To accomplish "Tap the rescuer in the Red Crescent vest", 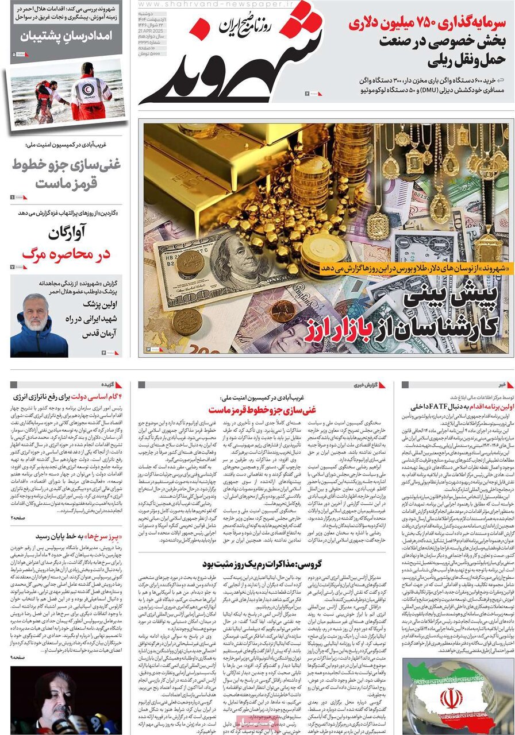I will coord(92,92).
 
